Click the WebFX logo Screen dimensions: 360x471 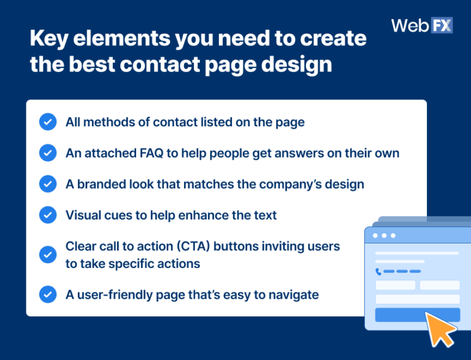click(422, 25)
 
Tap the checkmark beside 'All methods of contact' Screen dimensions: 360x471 click(47, 122)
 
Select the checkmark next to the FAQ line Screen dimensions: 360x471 click(47, 153)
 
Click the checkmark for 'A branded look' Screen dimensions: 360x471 click(47, 184)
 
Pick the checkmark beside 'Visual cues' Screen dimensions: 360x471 click(47, 215)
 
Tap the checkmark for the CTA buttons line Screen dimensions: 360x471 click(47, 255)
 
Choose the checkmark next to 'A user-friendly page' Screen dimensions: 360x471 click(47, 294)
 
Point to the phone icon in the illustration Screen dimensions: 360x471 click(378, 271)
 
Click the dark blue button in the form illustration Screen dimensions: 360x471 click(417, 315)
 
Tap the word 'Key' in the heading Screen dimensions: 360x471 click(48, 39)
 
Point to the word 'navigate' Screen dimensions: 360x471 click(293, 295)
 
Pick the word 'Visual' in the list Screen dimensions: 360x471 click(84, 215)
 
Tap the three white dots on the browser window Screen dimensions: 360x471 click(384, 236)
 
